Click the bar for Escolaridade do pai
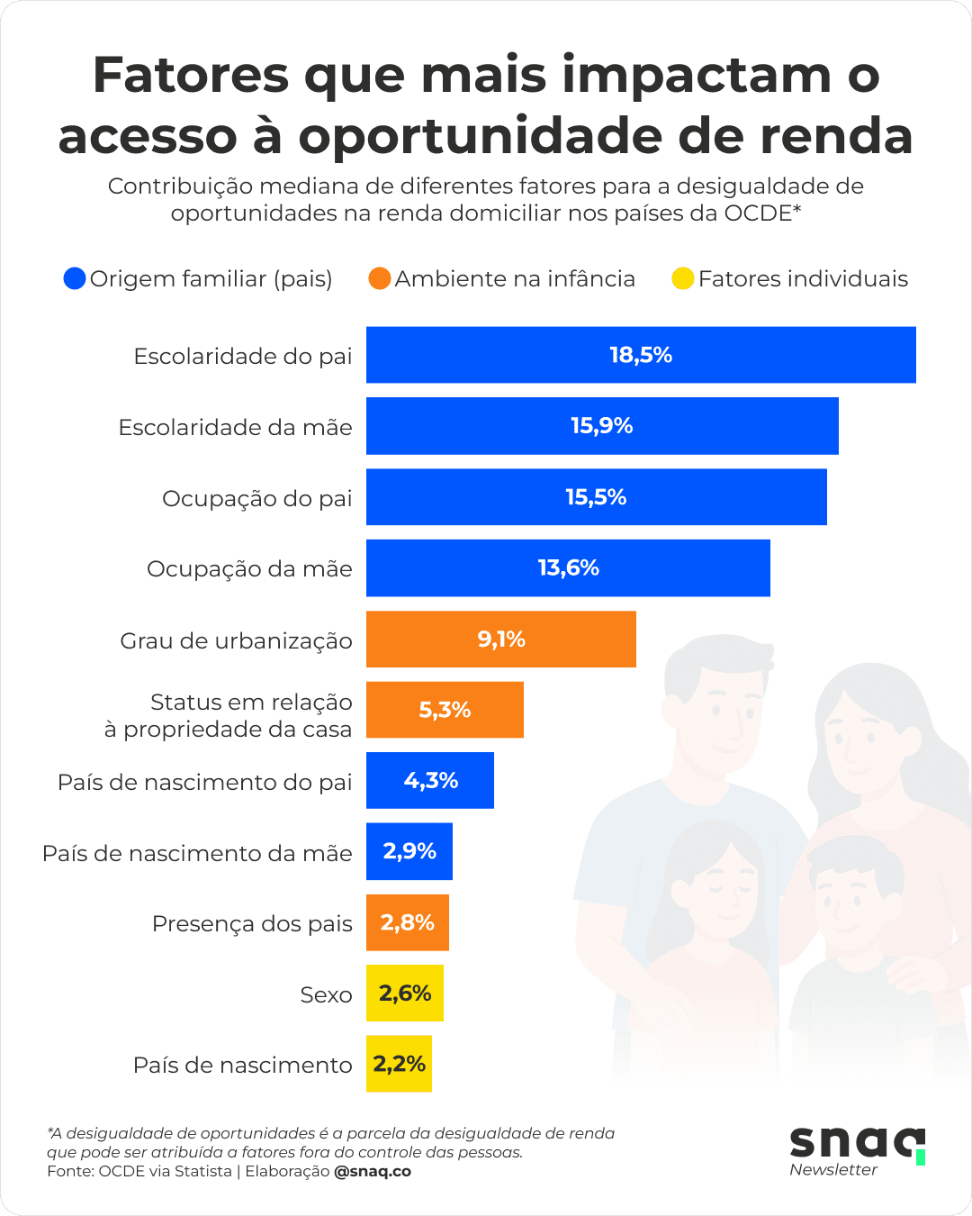[641, 355]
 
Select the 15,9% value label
[602, 426]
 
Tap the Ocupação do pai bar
[596, 497]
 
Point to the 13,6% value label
[569, 568]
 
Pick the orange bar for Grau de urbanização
[500, 640]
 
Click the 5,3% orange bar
[445, 710]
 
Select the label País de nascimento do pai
[204, 782]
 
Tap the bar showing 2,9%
[409, 851]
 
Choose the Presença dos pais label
[252, 924]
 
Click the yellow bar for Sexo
[405, 994]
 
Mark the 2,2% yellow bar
[399, 1064]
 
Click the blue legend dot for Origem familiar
[75, 278]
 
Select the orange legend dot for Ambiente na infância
[380, 278]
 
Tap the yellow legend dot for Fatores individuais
[683, 278]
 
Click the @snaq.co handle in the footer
[373, 1171]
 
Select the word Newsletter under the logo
[833, 1170]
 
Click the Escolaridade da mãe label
[235, 427]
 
